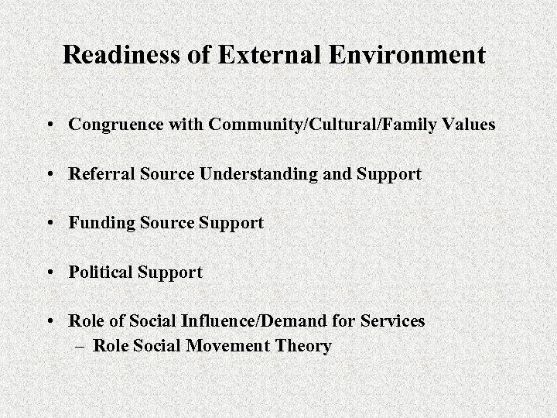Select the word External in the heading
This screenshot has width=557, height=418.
click(x=268, y=56)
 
